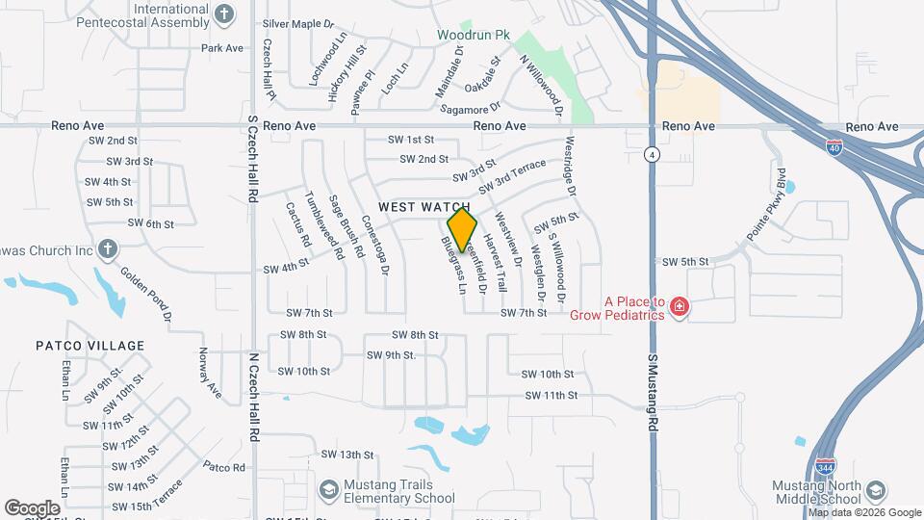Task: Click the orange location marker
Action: point(463,229)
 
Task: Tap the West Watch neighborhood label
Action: point(423,207)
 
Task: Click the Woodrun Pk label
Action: point(474,35)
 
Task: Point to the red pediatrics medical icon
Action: point(680,307)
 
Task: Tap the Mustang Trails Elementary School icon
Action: point(328,491)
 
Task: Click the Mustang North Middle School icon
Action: point(875,491)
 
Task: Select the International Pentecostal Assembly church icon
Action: point(224,14)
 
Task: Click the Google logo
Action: point(32,507)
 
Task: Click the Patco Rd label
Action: point(224,467)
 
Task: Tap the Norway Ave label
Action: point(209,373)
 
